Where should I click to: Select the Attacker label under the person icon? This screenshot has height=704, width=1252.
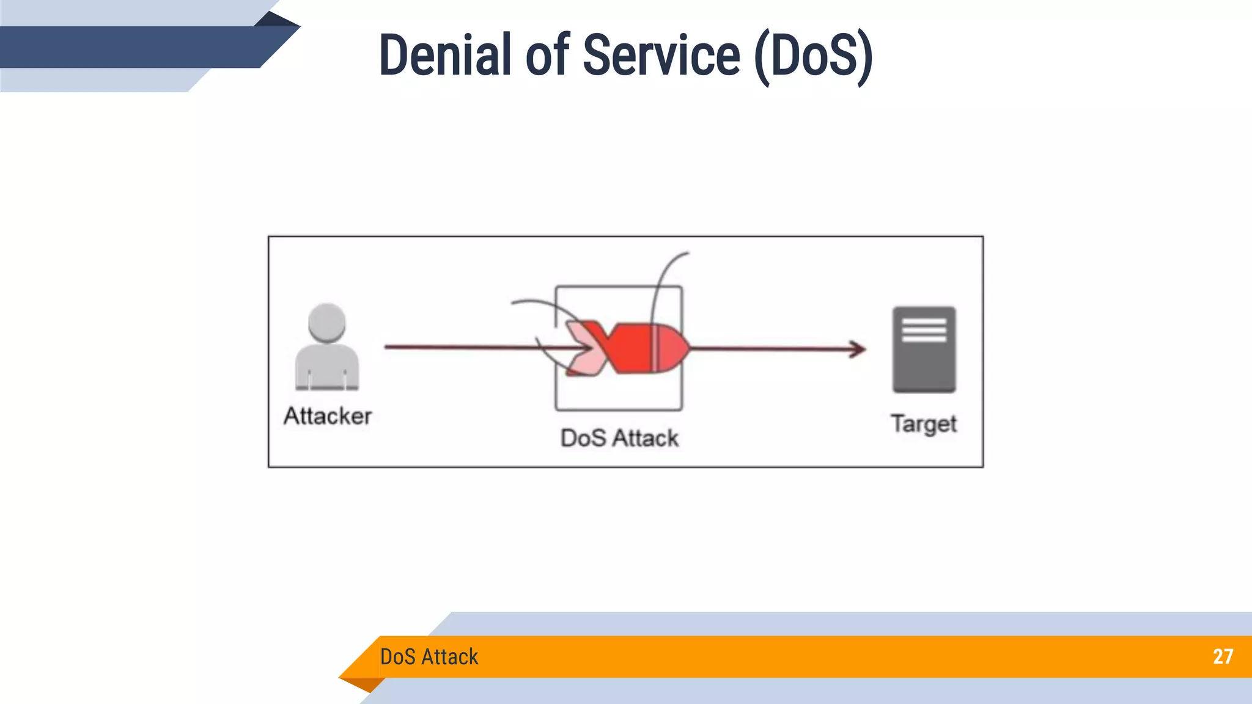pos(328,416)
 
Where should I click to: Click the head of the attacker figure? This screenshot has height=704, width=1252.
pos(327,322)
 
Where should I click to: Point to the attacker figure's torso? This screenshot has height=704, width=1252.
pos(327,367)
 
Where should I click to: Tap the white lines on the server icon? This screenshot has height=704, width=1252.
pos(924,330)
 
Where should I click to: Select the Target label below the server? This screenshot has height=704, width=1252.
pos(923,424)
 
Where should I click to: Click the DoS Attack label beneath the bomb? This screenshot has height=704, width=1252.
pos(619,438)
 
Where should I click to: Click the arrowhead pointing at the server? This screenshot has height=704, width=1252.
pos(859,349)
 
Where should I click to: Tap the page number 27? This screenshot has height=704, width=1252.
pos(1223,656)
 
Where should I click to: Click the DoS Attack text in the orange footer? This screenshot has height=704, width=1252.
pos(429,656)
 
